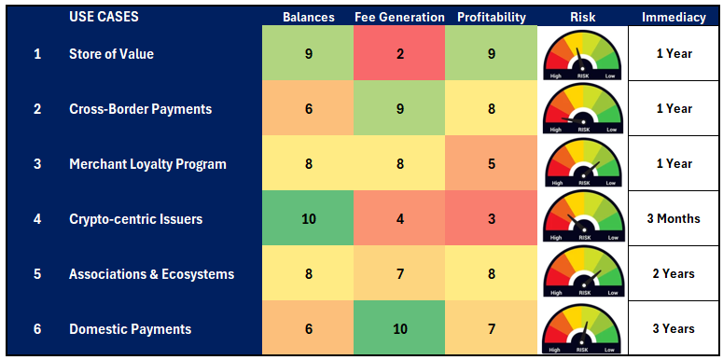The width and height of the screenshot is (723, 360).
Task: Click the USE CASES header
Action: [104, 17]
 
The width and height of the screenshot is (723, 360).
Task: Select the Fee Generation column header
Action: [399, 17]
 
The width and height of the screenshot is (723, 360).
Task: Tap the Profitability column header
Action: [491, 17]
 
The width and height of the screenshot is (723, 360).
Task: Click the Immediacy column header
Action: [673, 17]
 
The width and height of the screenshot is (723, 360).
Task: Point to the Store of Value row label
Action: [111, 54]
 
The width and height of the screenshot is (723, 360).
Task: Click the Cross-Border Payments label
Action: [140, 109]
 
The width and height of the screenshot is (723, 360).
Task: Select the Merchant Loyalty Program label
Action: [147, 164]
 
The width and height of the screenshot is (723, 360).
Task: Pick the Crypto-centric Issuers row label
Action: [136, 219]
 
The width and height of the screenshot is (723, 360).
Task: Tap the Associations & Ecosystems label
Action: [151, 274]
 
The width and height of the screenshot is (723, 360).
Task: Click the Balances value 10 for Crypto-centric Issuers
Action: [308, 219]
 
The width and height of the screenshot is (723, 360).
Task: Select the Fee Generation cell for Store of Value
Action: [399, 54]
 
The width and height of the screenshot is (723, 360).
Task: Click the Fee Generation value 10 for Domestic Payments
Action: [399, 329]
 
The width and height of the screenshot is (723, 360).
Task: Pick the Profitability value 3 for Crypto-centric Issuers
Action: [491, 219]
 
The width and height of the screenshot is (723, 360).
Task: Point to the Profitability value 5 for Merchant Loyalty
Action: [491, 164]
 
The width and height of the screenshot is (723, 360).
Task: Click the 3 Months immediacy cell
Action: [673, 219]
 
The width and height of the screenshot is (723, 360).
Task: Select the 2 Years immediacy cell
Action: [673, 274]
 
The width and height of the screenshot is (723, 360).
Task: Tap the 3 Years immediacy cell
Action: [673, 329]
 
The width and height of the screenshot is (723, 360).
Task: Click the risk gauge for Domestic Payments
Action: [583, 329]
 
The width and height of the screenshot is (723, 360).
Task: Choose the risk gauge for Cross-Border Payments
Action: [583, 109]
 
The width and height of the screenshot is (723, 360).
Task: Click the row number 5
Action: [37, 274]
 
